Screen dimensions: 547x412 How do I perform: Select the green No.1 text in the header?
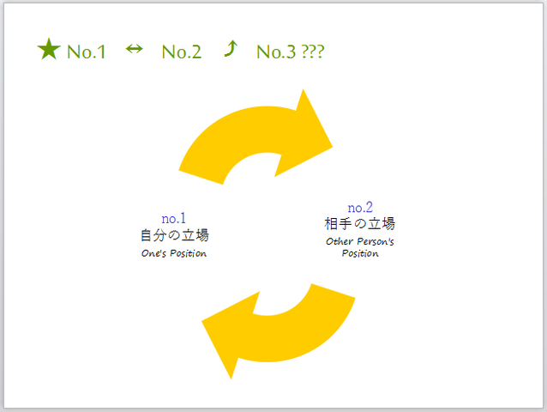point(87,51)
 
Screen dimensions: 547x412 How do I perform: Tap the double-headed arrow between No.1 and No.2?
point(134,49)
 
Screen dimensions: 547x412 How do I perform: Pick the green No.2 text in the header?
point(182,51)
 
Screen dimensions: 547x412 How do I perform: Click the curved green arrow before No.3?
point(230,49)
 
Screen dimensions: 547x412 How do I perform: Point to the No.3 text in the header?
point(276,51)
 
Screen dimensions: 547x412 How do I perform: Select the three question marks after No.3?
point(313,51)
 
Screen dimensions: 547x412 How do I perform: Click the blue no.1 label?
point(174,218)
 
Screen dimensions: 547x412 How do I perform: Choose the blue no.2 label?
point(360,208)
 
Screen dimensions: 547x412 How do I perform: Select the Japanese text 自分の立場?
point(174,235)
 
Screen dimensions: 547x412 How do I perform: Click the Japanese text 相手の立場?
point(360,224)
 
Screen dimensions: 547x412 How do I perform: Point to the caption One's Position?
point(174,253)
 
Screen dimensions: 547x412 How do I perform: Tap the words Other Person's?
point(360,241)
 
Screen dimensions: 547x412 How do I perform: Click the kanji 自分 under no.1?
point(152,235)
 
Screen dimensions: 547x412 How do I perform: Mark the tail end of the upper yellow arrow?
point(202,172)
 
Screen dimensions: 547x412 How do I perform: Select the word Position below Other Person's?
point(360,253)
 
